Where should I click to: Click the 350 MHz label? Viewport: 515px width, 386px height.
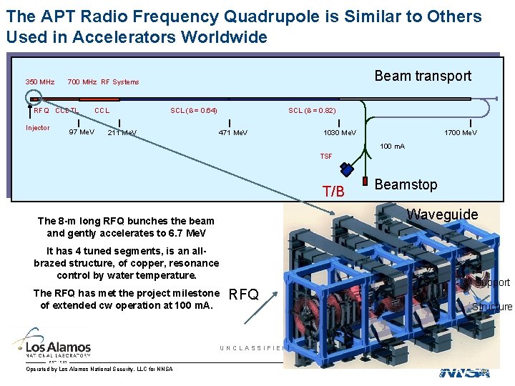tap(40, 82)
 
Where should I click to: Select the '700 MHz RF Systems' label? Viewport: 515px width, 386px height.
tap(103, 82)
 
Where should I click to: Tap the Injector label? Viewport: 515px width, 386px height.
tap(37, 128)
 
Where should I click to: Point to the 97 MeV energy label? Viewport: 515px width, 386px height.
tap(81, 132)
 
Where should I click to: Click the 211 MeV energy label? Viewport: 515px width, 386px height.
tap(122, 133)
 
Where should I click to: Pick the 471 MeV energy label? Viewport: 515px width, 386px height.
tap(232, 133)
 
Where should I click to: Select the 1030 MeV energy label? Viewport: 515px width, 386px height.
tap(339, 133)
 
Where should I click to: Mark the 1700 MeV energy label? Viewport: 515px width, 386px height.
tap(461, 133)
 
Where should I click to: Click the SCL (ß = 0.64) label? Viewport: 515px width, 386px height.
tap(194, 110)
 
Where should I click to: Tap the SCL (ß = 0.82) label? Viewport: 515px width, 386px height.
tap(312, 110)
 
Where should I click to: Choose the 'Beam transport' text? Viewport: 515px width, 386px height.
tap(423, 76)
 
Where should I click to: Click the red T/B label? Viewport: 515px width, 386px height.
tap(333, 192)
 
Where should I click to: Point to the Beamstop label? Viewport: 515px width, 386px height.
tap(406, 184)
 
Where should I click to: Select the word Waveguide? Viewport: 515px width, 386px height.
tap(442, 214)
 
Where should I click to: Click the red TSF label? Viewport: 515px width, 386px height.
tap(325, 156)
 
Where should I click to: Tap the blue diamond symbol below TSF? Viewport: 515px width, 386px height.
tap(347, 169)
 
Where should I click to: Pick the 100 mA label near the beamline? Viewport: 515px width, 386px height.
tap(392, 147)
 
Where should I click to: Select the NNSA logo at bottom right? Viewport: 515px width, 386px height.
tap(464, 372)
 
